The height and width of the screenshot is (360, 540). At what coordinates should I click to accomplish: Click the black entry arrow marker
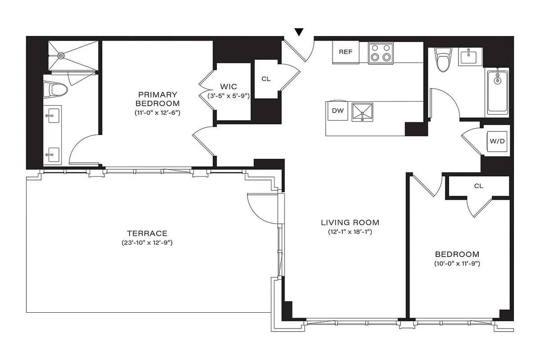tap(299, 31)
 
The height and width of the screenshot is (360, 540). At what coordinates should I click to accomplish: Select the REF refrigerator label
tap(345, 52)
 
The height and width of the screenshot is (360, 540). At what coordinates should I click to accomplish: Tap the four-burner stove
tap(381, 53)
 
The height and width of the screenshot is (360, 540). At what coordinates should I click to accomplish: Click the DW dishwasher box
tap(337, 111)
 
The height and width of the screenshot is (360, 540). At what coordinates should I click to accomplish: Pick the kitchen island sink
tap(362, 112)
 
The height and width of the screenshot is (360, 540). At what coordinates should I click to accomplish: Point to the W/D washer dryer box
tap(497, 141)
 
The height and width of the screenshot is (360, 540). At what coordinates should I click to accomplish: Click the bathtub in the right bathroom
tap(498, 92)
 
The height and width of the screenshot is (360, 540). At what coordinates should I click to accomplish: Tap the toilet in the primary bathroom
tap(56, 90)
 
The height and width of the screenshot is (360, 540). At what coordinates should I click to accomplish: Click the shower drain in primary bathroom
tap(61, 55)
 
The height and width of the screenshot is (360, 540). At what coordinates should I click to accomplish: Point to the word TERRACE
tap(147, 233)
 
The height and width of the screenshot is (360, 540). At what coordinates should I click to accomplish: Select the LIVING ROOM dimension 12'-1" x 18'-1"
tap(350, 232)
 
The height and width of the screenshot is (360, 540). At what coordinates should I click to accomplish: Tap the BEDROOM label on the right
tap(457, 254)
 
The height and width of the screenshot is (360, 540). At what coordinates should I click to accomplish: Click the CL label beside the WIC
tap(266, 79)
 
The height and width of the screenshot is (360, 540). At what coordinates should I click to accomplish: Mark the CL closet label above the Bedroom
tap(478, 186)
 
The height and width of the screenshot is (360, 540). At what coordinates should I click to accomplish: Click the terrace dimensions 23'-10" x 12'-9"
tap(147, 243)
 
